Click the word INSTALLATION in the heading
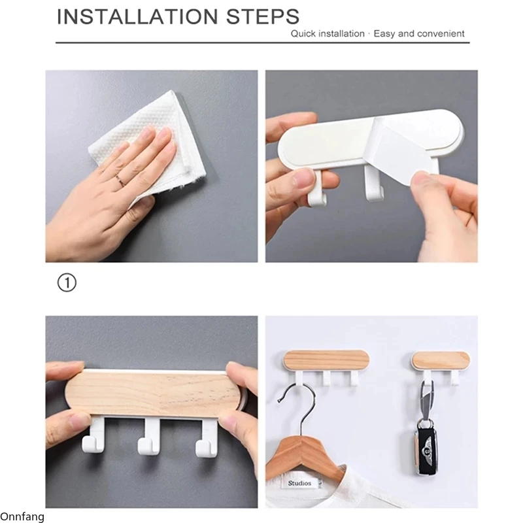[137, 17]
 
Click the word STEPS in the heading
[263, 17]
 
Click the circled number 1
[67, 283]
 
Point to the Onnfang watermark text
[22, 516]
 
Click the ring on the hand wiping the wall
[120, 180]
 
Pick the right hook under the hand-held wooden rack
[207, 437]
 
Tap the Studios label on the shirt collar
[299, 483]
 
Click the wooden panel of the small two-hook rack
[441, 359]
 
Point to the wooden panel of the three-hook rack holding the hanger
[326, 360]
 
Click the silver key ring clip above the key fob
[426, 400]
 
